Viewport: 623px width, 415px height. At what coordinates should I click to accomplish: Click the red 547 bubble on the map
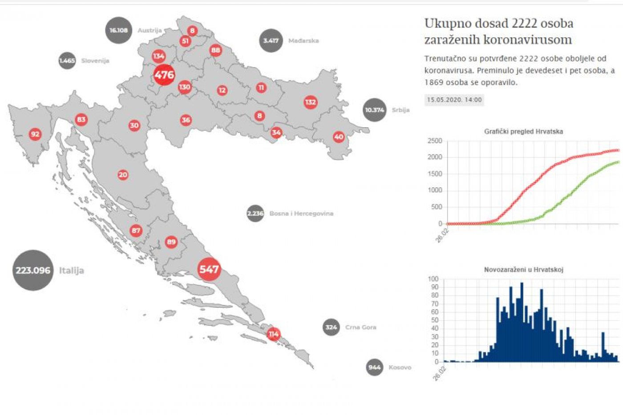click(x=209, y=269)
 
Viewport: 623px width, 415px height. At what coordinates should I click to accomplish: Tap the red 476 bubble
click(x=164, y=75)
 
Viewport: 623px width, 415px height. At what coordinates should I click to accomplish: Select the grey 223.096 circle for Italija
click(x=33, y=270)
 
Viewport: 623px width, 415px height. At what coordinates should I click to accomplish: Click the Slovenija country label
click(x=95, y=60)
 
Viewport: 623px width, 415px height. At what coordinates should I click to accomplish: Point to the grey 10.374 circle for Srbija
click(x=374, y=110)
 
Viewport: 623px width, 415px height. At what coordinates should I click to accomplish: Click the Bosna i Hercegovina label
click(x=301, y=214)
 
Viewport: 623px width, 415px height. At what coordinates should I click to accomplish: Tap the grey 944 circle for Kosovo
click(x=374, y=367)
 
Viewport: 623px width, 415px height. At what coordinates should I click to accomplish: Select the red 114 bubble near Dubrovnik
click(x=273, y=334)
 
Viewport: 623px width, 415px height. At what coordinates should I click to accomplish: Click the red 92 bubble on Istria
click(x=35, y=134)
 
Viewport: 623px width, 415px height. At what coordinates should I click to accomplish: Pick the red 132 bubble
click(x=310, y=102)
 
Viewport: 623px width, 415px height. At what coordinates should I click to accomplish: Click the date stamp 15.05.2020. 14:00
click(x=454, y=100)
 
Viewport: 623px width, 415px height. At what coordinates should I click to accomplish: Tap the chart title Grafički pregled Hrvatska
click(x=523, y=131)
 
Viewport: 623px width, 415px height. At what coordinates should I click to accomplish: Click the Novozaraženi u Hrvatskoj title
click(x=523, y=270)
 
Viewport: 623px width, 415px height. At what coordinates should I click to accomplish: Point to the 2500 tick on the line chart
click(x=434, y=141)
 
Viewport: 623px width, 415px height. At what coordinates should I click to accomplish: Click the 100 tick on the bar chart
click(x=433, y=279)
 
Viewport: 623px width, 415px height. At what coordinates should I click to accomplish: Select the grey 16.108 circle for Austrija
click(x=118, y=30)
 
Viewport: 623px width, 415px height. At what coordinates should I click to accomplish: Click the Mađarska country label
click(x=303, y=40)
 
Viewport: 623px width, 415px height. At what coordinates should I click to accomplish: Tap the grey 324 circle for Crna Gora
click(x=331, y=327)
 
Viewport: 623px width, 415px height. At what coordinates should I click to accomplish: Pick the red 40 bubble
click(x=339, y=137)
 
